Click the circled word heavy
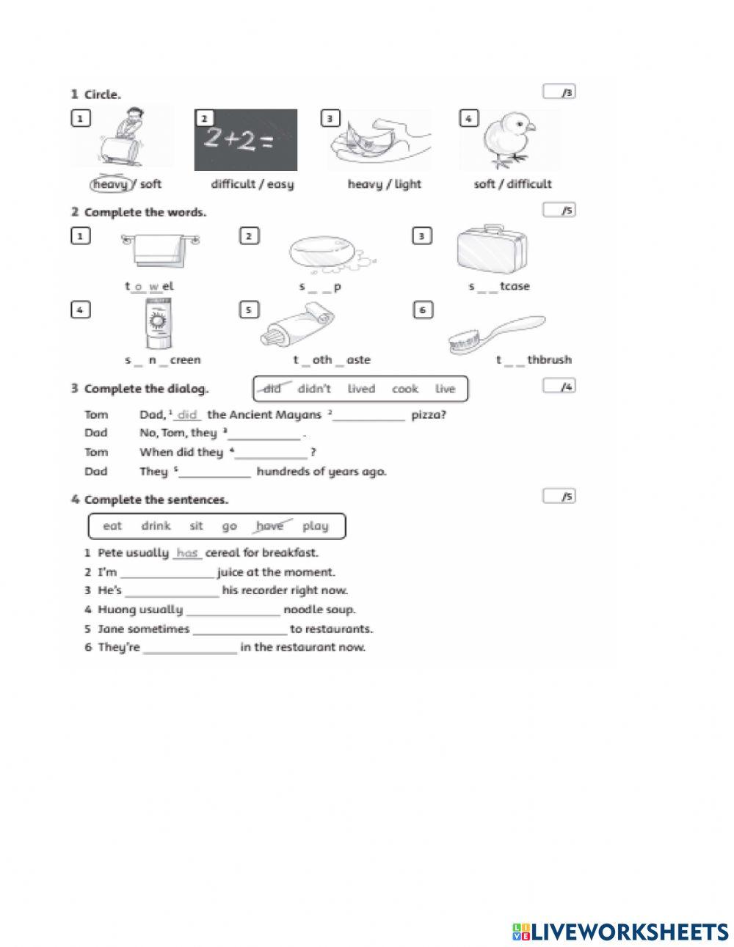(x=110, y=184)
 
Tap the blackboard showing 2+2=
(x=245, y=140)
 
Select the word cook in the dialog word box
(x=404, y=389)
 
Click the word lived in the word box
(x=360, y=389)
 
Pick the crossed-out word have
(x=270, y=526)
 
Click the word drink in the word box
(x=156, y=526)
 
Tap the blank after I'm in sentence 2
(x=167, y=572)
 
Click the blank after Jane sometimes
(x=239, y=629)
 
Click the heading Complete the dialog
(x=145, y=389)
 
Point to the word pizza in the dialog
(x=428, y=415)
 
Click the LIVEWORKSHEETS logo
(x=619, y=932)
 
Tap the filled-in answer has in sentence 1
(x=187, y=553)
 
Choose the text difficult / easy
(x=252, y=184)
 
